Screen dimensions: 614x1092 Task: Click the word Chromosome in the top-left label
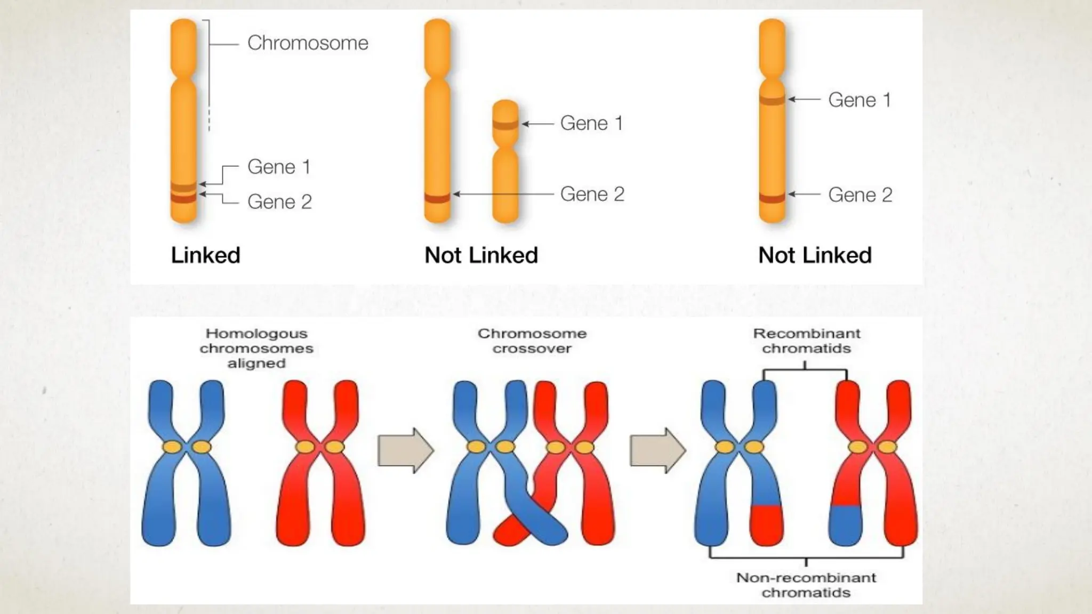pyautogui.click(x=308, y=43)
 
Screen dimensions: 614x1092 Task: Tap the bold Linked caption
pyautogui.click(x=205, y=255)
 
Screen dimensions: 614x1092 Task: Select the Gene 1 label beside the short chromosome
pyautogui.click(x=591, y=124)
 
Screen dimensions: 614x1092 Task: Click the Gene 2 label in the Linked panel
pyautogui.click(x=279, y=202)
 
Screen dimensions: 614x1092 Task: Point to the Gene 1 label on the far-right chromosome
pyautogui.click(x=859, y=100)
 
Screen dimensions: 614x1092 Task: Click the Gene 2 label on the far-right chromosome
pyautogui.click(x=860, y=195)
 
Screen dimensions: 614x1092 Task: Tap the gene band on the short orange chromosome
pyautogui.click(x=505, y=125)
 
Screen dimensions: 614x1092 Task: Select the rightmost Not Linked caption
pyautogui.click(x=815, y=255)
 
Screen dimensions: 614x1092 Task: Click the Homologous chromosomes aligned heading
pyautogui.click(x=256, y=349)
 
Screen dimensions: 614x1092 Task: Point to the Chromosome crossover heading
pyautogui.click(x=532, y=341)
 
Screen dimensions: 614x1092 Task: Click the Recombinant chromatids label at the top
pyautogui.click(x=806, y=341)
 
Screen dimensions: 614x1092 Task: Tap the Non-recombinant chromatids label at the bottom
pyautogui.click(x=806, y=585)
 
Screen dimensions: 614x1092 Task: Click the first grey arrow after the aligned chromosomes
pyautogui.click(x=405, y=450)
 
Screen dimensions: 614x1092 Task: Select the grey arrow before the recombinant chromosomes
pyautogui.click(x=657, y=450)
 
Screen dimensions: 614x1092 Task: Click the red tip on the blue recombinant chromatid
pyautogui.click(x=766, y=525)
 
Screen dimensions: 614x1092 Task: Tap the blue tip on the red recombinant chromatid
pyautogui.click(x=846, y=525)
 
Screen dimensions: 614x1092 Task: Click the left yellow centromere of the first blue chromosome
pyautogui.click(x=172, y=447)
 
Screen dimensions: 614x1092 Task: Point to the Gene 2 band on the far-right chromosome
pyautogui.click(x=772, y=198)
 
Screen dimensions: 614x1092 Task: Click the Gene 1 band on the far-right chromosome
pyautogui.click(x=772, y=99)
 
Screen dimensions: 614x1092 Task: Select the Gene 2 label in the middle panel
pyautogui.click(x=592, y=195)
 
